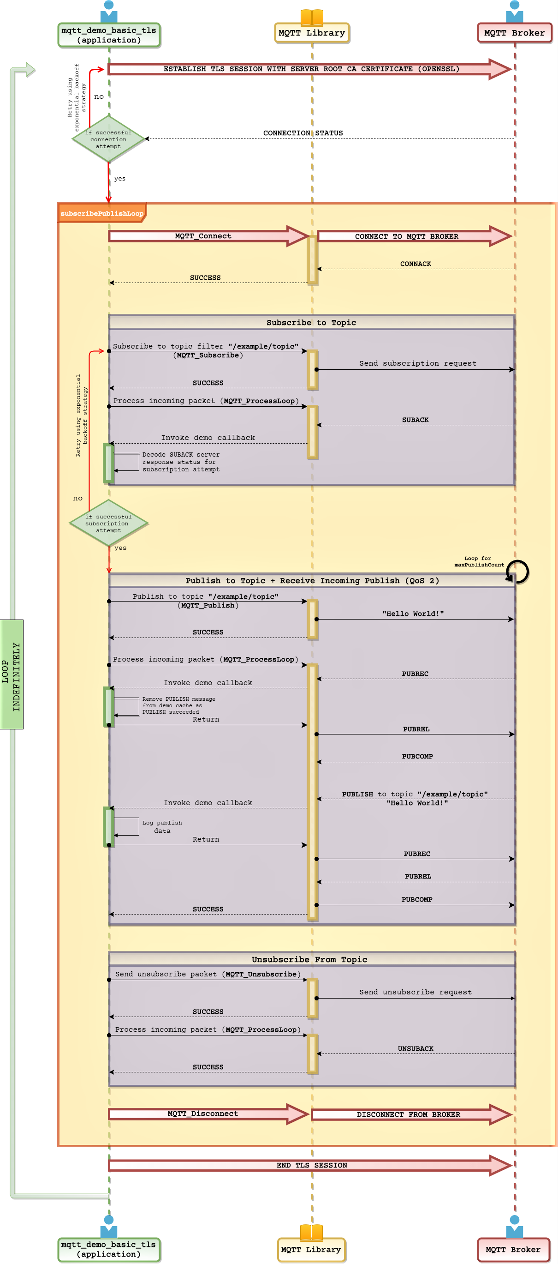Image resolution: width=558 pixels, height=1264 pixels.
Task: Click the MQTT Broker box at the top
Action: [x=514, y=33]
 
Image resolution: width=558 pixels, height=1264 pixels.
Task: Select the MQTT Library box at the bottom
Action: [x=311, y=1249]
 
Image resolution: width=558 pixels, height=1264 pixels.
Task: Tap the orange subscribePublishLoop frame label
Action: [x=101, y=213]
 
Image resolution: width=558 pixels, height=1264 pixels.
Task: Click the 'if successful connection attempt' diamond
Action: [x=108, y=139]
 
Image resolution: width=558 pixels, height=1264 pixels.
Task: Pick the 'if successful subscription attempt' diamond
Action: [x=108, y=523]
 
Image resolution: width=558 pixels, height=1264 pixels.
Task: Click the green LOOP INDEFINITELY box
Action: [x=11, y=674]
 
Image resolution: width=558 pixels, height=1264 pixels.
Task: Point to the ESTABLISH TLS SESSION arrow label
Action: [x=311, y=69]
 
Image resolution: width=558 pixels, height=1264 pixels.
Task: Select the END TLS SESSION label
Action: [x=311, y=1165]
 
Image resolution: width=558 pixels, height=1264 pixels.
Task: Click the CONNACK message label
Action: [x=416, y=264]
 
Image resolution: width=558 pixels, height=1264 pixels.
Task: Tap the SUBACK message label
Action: [x=415, y=420]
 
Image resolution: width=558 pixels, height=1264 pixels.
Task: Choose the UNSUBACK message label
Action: [x=416, y=1048]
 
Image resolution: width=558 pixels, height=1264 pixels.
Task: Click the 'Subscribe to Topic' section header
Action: [x=311, y=322]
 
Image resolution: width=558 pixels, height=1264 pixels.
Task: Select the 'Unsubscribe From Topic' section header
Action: [x=309, y=959]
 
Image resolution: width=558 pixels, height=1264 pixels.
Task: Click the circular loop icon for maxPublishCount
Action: [x=517, y=572]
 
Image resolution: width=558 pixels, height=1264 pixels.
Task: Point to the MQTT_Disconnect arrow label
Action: [x=202, y=1114]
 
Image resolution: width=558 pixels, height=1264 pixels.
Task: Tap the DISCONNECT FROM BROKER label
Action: [x=408, y=1114]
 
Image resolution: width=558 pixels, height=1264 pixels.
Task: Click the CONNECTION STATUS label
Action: [x=303, y=133]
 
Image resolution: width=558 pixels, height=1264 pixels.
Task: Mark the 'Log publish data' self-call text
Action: [x=162, y=826]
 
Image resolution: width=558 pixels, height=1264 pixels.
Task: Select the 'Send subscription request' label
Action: [x=417, y=363]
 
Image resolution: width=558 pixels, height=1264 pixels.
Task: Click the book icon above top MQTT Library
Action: [x=312, y=17]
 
